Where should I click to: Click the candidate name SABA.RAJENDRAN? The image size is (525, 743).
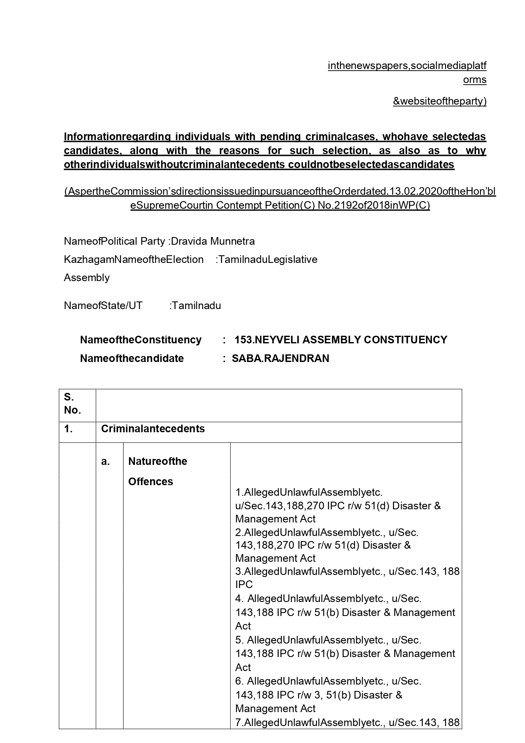[280, 358]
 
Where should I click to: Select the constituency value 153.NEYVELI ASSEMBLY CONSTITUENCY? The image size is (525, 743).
[341, 340]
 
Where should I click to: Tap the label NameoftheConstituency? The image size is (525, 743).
[140, 340]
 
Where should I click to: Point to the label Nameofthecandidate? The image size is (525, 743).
[132, 358]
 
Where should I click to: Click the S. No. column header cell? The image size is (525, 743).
[72, 403]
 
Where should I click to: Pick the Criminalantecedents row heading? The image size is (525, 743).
[153, 428]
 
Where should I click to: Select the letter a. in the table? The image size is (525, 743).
[105, 461]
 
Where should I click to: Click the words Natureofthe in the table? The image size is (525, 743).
[157, 461]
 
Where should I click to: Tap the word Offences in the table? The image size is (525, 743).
[150, 481]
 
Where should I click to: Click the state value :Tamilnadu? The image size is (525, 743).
[195, 305]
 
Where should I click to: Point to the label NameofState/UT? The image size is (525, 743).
[103, 305]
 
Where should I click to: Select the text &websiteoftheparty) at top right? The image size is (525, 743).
[440, 101]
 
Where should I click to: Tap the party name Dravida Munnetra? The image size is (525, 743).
[212, 241]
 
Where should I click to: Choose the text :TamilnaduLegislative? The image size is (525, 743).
[266, 259]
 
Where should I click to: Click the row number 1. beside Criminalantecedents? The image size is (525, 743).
[69, 428]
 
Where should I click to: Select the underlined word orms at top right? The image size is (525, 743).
[475, 80]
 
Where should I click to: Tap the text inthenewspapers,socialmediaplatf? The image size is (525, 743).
[407, 66]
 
